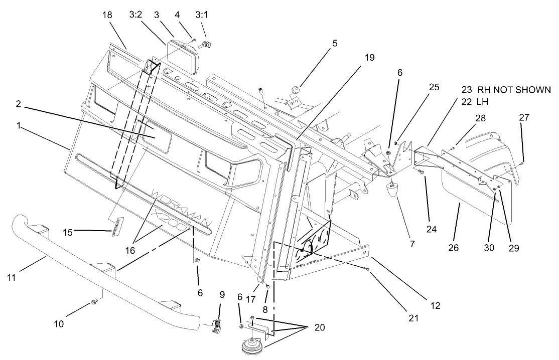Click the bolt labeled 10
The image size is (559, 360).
pos(94,302)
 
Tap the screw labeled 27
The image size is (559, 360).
pos(522,163)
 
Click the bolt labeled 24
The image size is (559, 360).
pos(420,172)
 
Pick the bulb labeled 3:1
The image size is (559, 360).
pos(206,45)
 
